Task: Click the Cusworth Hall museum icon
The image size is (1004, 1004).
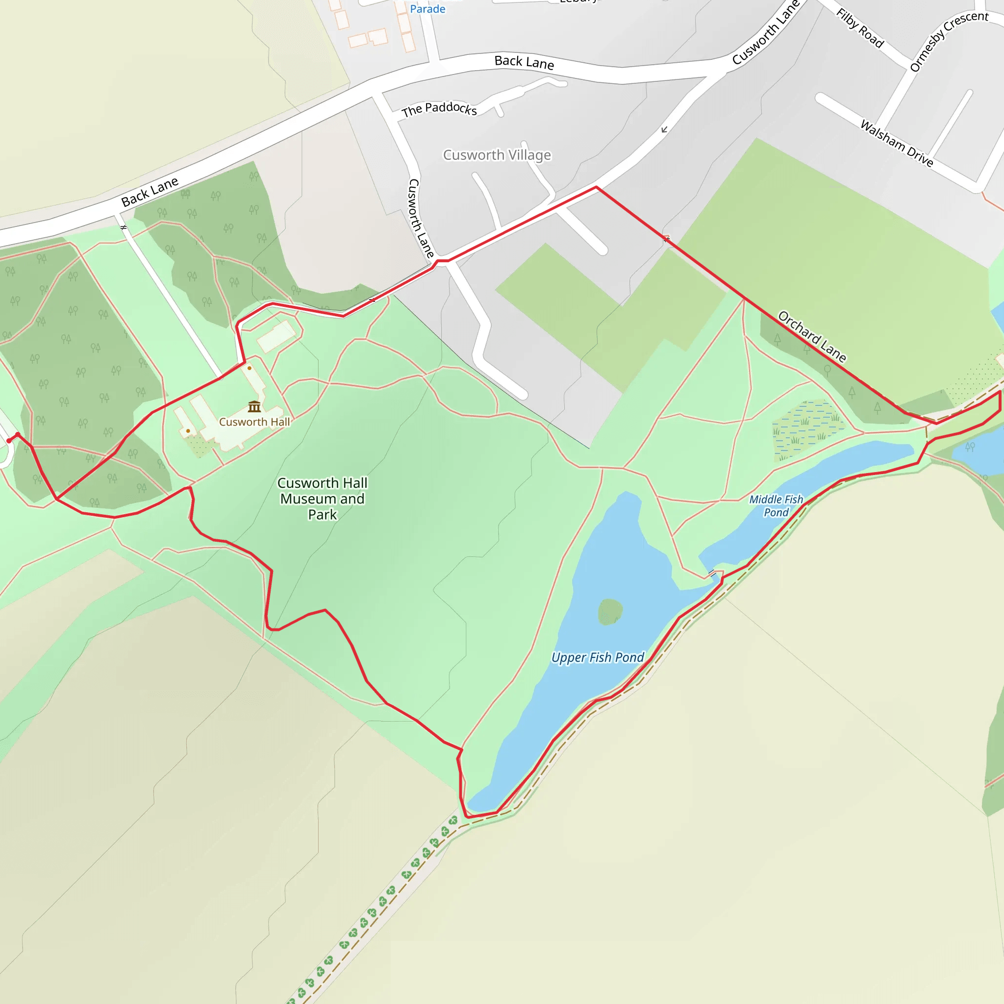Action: pyautogui.click(x=254, y=406)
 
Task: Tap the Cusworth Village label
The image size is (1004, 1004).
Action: pyautogui.click(x=497, y=155)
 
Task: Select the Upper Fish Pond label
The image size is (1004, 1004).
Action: pyautogui.click(x=598, y=657)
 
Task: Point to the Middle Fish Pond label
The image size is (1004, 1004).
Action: pyautogui.click(x=776, y=505)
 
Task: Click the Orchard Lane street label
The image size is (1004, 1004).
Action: pyautogui.click(x=812, y=336)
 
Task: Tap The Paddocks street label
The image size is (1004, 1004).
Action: pyautogui.click(x=439, y=109)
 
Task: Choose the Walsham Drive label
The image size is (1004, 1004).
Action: pyautogui.click(x=897, y=143)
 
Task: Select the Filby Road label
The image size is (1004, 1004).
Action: pyautogui.click(x=860, y=28)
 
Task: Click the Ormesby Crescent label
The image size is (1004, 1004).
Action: pyautogui.click(x=949, y=41)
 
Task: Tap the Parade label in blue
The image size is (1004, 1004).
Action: pyautogui.click(x=427, y=9)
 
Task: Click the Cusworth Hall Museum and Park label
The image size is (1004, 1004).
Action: pyautogui.click(x=322, y=499)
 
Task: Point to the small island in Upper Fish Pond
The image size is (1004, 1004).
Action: pyautogui.click(x=610, y=611)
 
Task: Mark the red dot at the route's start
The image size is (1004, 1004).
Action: pyautogui.click(x=9, y=441)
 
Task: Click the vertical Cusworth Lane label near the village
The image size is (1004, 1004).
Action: pyautogui.click(x=421, y=218)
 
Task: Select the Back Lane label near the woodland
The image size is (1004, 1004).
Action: pyautogui.click(x=150, y=191)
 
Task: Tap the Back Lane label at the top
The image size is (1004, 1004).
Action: pyautogui.click(x=524, y=62)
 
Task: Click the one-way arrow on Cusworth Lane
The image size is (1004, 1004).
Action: pyautogui.click(x=665, y=129)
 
